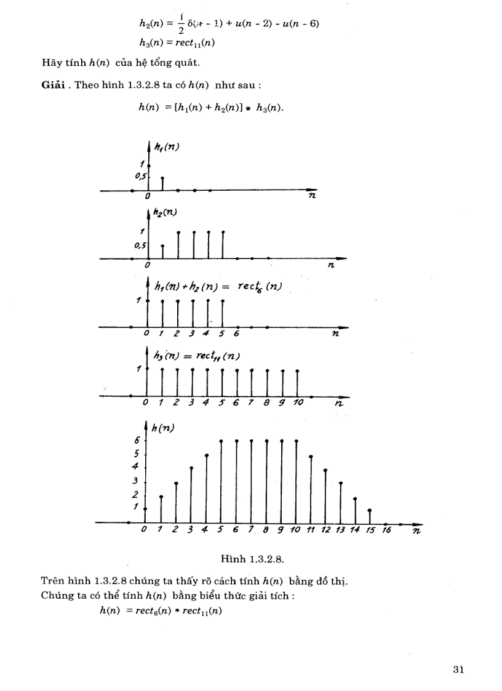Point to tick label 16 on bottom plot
pyautogui.click(x=386, y=530)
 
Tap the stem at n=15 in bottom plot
pyautogui.click(x=369, y=516)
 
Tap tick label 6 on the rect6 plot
pyautogui.click(x=236, y=334)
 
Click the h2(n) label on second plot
pyautogui.click(x=165, y=213)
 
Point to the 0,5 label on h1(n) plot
pyautogui.click(x=140, y=177)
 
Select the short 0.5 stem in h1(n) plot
pyautogui.click(x=162, y=183)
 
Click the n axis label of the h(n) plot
pyautogui.click(x=416, y=530)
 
